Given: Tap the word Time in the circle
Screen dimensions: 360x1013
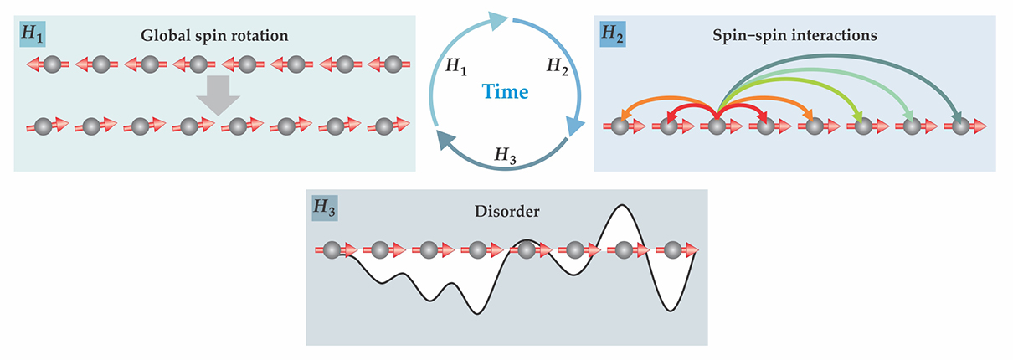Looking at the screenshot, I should click(504, 91).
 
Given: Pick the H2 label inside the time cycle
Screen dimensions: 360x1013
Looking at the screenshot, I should click(558, 65).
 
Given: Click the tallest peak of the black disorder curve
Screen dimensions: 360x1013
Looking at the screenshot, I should click(620, 206).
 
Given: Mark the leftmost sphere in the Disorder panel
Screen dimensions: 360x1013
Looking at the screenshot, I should click(332, 249).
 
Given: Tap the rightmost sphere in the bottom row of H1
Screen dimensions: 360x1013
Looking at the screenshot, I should click(383, 126).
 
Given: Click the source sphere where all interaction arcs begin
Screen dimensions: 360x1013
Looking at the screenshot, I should click(717, 126).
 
